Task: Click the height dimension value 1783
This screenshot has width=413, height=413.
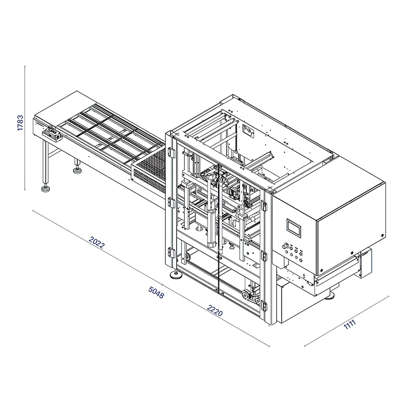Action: click(x=20, y=123)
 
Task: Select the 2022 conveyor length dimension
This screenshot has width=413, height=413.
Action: click(x=97, y=242)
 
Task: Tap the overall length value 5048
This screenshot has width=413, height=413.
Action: click(x=156, y=292)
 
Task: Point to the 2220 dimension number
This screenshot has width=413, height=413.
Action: click(x=215, y=310)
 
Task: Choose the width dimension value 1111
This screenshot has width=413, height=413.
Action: click(x=350, y=324)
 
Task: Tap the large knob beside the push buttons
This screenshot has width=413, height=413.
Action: click(x=284, y=247)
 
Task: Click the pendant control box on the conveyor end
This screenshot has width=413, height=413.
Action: click(x=52, y=134)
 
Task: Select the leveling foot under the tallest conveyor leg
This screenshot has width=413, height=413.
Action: click(x=45, y=188)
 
